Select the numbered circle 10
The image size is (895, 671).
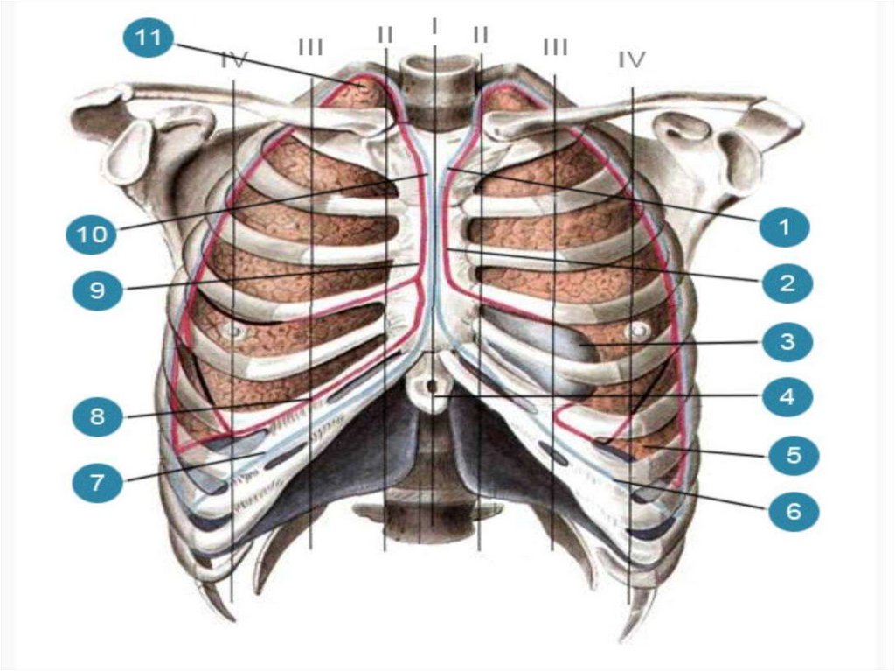click(x=92, y=234)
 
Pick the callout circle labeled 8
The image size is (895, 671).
click(x=97, y=416)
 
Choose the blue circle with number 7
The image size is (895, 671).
click(x=97, y=480)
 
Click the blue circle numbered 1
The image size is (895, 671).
click(x=784, y=227)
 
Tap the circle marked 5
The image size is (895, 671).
click(x=793, y=455)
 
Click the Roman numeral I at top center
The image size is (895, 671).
click(x=434, y=26)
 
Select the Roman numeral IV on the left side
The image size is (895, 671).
click(x=234, y=60)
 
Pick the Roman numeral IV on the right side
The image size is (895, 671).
click(x=631, y=59)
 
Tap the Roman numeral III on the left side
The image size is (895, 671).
click(x=310, y=45)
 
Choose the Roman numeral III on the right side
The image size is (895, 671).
click(x=555, y=46)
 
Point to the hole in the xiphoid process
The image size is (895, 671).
click(x=431, y=384)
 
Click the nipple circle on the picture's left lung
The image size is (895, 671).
click(x=233, y=332)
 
